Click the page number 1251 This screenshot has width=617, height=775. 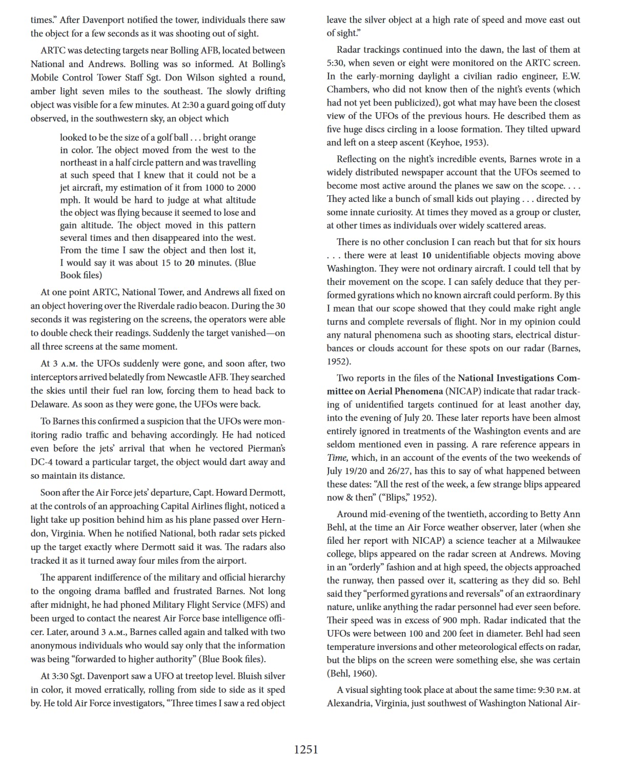pyautogui.click(x=306, y=749)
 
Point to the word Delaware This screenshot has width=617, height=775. pyautogui.click(x=49, y=404)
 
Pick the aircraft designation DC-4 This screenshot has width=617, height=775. pyautogui.click(x=43, y=462)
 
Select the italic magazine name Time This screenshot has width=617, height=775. pyautogui.click(x=336, y=458)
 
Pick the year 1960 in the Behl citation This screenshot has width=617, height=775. pyautogui.click(x=361, y=674)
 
